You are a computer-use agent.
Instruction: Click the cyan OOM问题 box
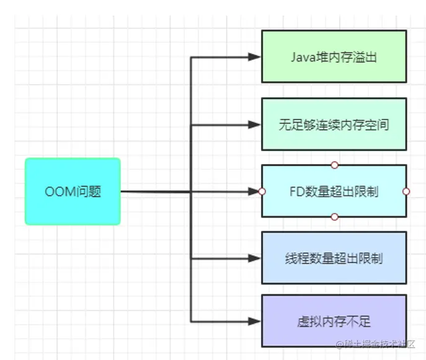click(x=73, y=191)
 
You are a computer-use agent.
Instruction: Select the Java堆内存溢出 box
click(x=334, y=57)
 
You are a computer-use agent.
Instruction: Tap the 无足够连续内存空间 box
click(x=334, y=124)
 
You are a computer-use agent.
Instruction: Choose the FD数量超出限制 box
click(x=334, y=191)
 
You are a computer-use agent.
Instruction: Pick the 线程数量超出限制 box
click(x=334, y=258)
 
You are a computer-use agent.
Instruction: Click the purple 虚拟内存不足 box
click(x=334, y=321)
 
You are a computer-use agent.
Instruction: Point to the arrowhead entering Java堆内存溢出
click(x=254, y=57)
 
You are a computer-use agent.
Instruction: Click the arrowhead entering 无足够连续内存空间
click(x=254, y=125)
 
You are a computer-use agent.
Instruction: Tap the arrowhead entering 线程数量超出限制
click(x=254, y=258)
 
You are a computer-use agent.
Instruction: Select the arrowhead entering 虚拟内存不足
click(x=254, y=321)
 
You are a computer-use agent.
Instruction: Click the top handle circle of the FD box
click(x=334, y=165)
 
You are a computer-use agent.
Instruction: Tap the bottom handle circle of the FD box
click(x=334, y=217)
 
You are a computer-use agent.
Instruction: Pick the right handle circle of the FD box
click(x=406, y=191)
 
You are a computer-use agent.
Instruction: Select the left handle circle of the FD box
click(x=262, y=191)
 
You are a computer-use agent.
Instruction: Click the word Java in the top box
click(x=302, y=57)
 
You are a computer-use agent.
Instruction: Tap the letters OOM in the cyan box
click(x=58, y=191)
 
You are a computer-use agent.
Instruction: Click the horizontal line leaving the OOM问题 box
click(x=155, y=191)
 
